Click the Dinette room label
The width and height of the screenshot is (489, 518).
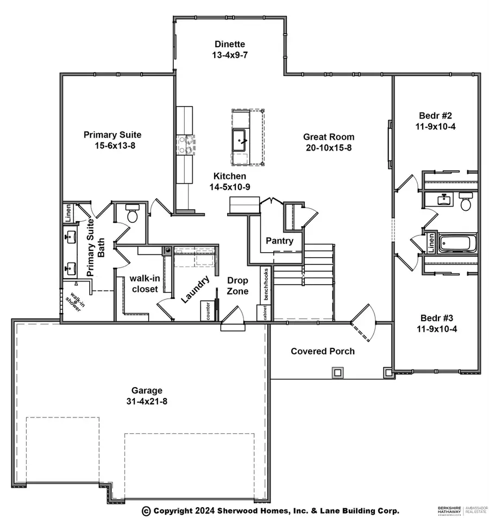point(230,45)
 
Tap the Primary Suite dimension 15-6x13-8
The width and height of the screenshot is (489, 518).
point(112,146)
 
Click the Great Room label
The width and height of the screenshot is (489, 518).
point(329,137)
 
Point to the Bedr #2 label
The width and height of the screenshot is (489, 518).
point(431,115)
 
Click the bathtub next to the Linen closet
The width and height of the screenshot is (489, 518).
point(457,242)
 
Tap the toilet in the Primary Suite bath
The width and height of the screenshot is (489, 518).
point(132,215)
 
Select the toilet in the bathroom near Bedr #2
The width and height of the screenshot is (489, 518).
point(466,203)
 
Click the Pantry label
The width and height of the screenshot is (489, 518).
point(279,241)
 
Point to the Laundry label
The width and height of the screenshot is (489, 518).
point(196,289)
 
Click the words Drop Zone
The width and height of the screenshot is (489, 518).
point(237,286)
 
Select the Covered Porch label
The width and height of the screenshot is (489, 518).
point(322,351)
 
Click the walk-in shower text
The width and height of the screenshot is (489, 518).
point(72,299)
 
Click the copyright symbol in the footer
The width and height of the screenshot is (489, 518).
point(146,510)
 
